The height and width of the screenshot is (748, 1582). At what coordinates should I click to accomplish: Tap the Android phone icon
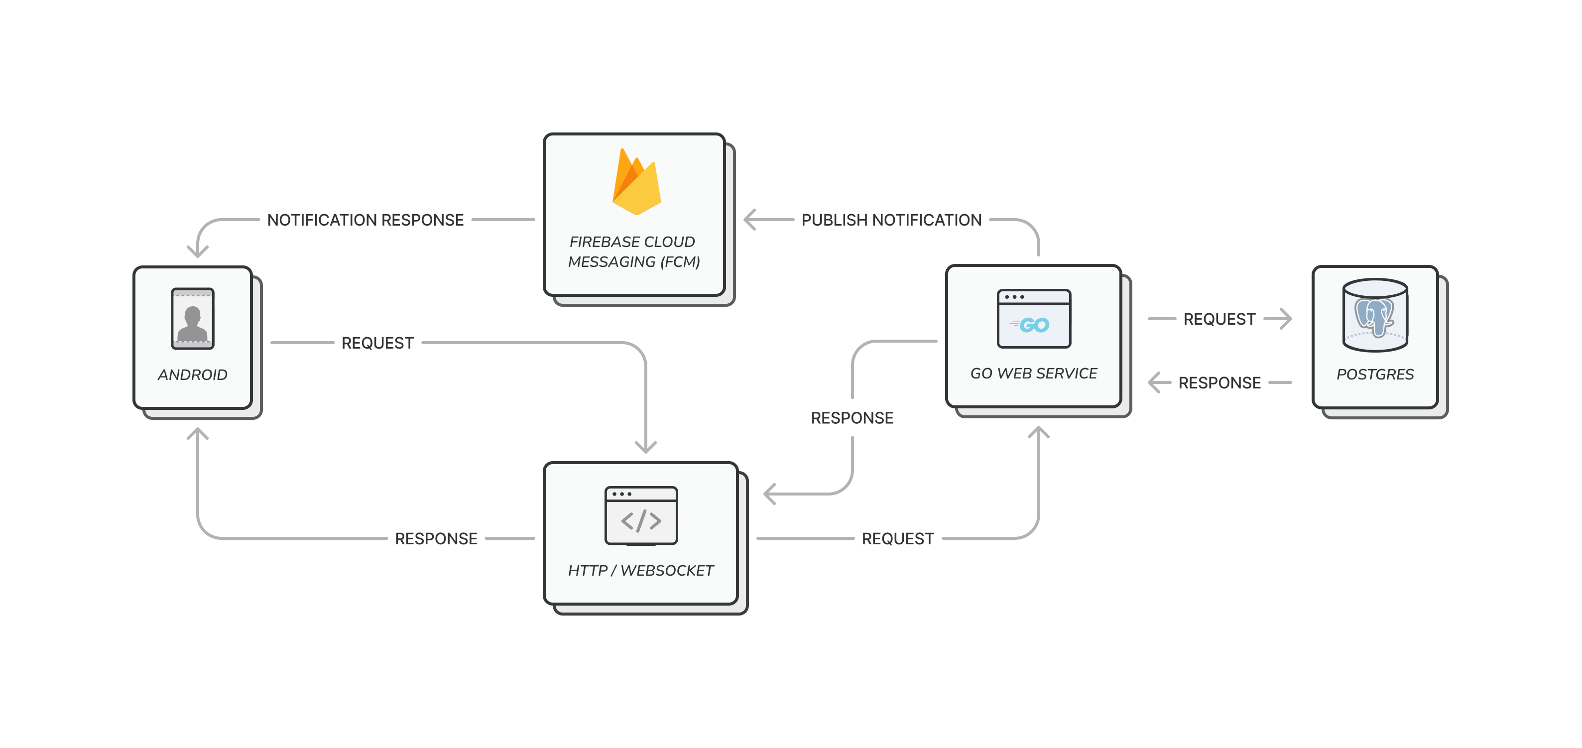pyautogui.click(x=192, y=319)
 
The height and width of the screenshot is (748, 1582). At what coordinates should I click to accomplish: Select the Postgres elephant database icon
pyautogui.click(x=1374, y=316)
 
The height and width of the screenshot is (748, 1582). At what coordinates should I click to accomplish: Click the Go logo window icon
pyautogui.click(x=1034, y=319)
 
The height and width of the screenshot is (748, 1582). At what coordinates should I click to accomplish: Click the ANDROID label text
pyautogui.click(x=192, y=374)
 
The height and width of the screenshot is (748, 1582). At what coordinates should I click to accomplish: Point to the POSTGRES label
pyautogui.click(x=1375, y=374)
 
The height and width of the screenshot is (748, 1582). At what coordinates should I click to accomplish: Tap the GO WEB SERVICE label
pyautogui.click(x=1034, y=374)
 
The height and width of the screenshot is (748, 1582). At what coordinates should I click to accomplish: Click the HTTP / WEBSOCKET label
pyautogui.click(x=640, y=571)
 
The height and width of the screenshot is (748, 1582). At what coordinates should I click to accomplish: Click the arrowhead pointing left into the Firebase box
pyautogui.click(x=749, y=219)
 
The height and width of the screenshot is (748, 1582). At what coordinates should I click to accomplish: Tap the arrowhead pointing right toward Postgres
pyautogui.click(x=1286, y=318)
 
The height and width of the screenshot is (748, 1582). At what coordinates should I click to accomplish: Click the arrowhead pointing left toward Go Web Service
pyautogui.click(x=1154, y=382)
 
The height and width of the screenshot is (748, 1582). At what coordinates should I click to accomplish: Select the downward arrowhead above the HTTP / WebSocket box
pyautogui.click(x=645, y=448)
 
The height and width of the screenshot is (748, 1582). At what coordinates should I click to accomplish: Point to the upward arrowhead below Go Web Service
pyautogui.click(x=1039, y=432)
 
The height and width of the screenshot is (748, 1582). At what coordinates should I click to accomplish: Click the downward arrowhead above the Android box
pyautogui.click(x=198, y=252)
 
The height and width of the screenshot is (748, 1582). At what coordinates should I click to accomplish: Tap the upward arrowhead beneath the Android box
pyautogui.click(x=198, y=433)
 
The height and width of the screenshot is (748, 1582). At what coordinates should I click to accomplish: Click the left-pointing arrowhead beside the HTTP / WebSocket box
pyautogui.click(x=769, y=493)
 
